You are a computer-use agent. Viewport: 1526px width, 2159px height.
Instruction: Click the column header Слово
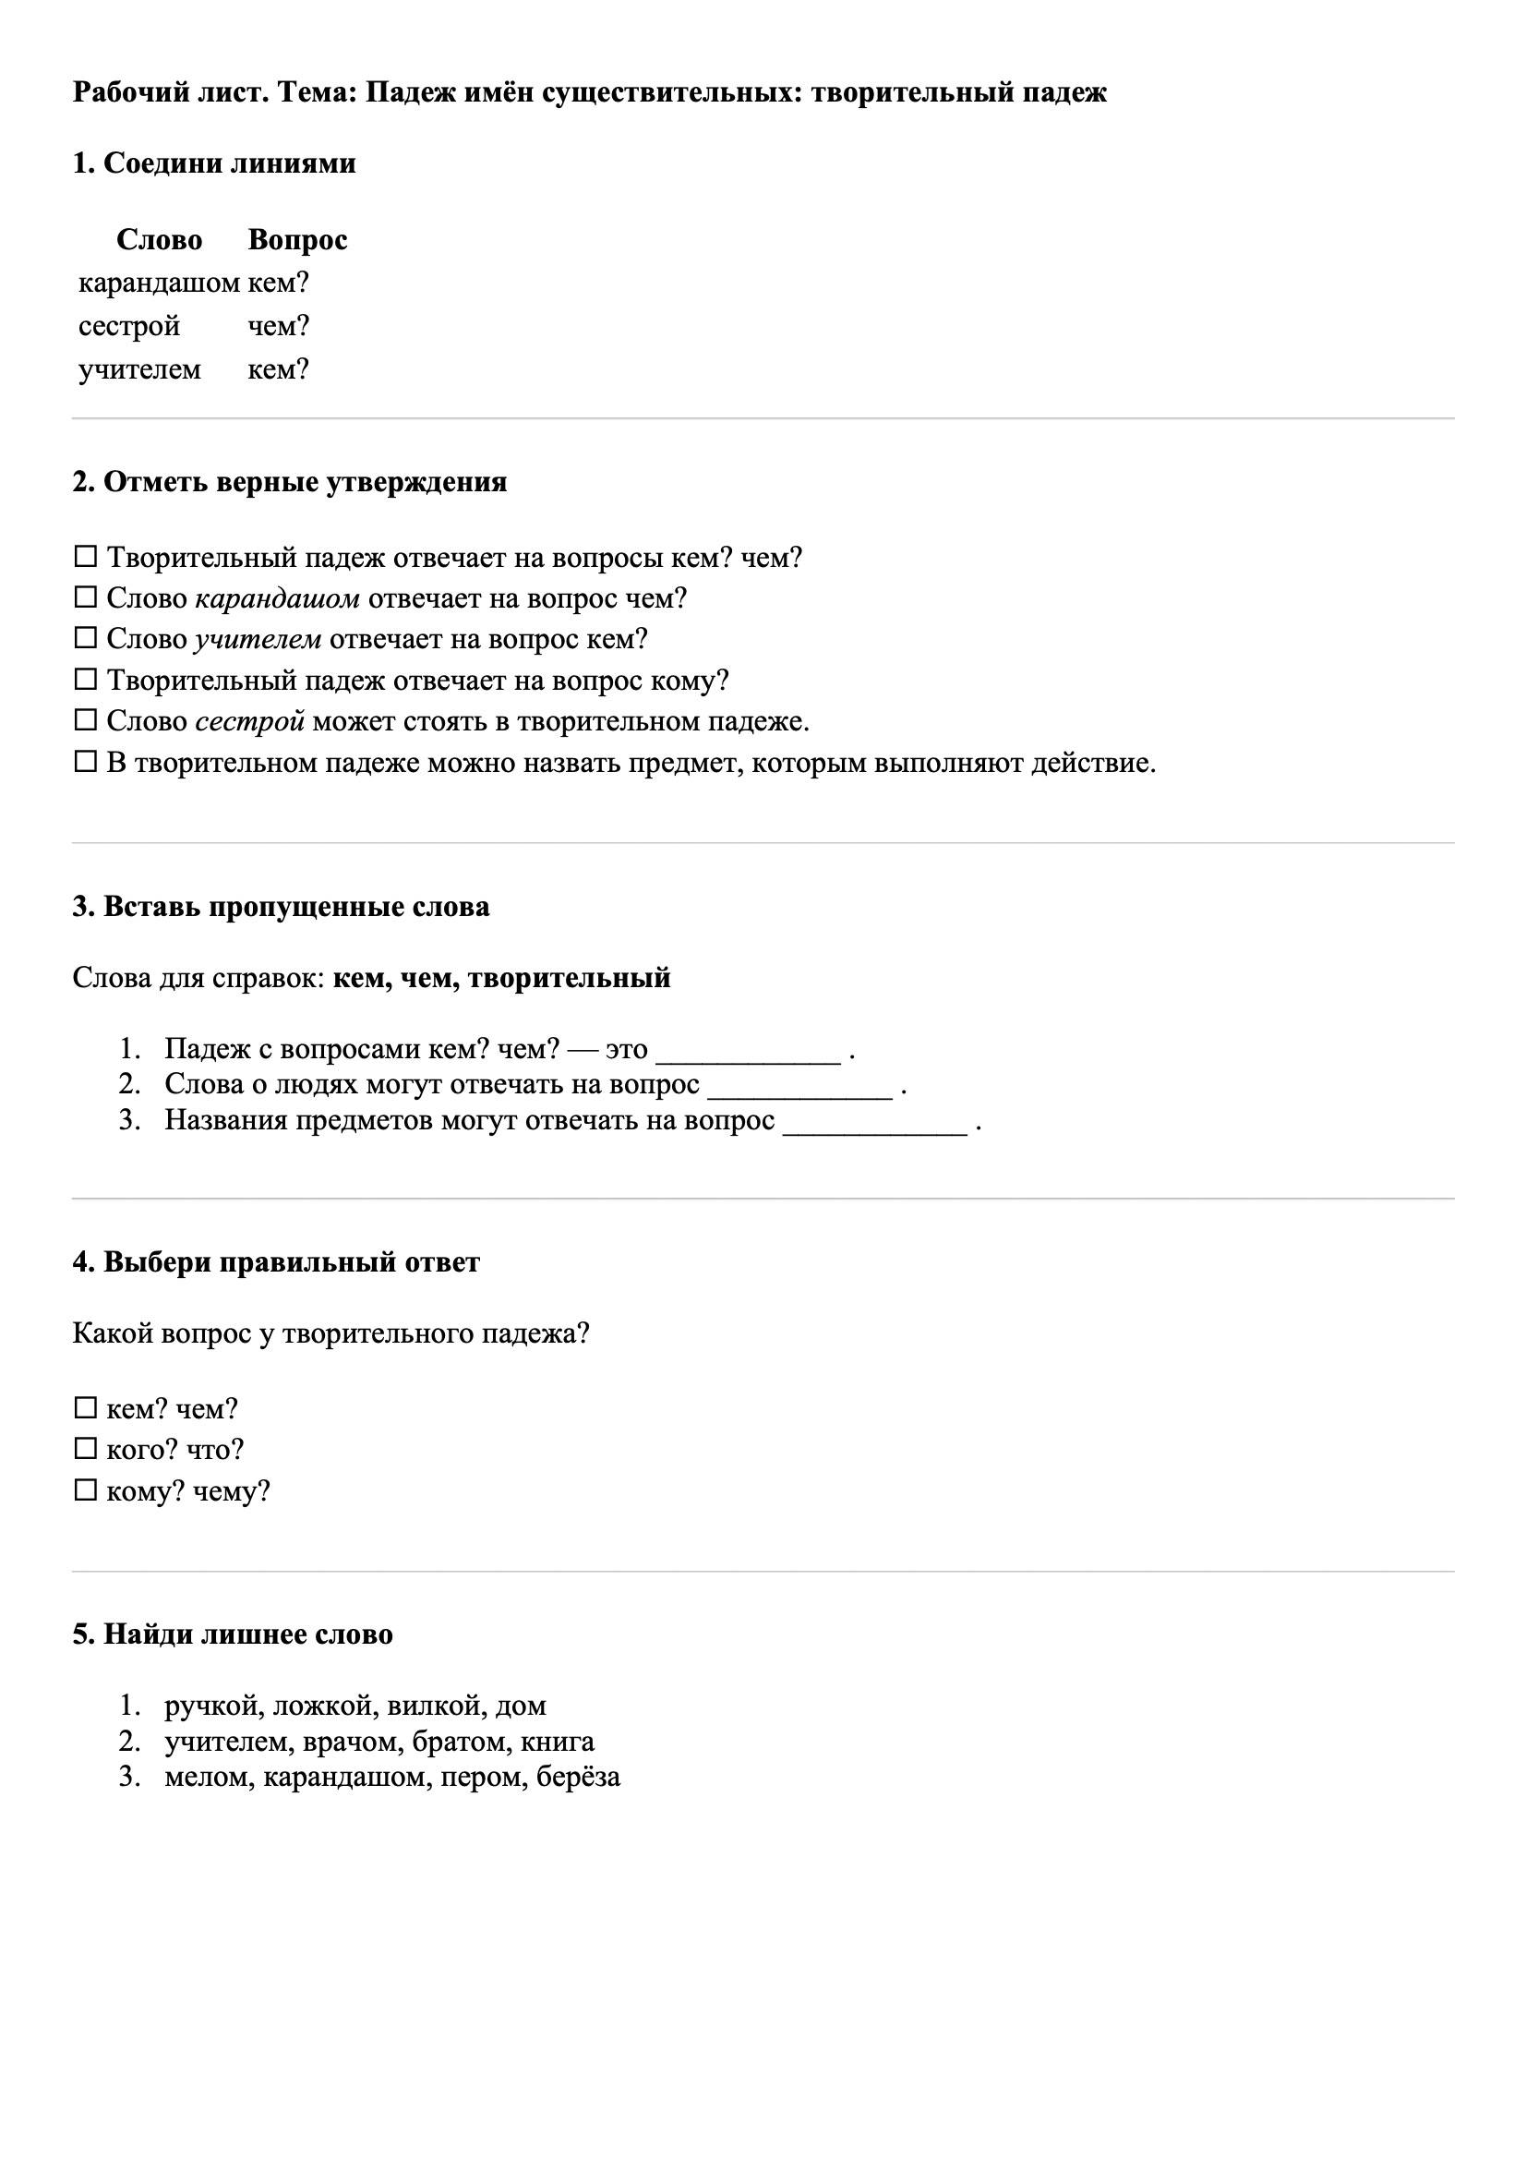pyautogui.click(x=159, y=240)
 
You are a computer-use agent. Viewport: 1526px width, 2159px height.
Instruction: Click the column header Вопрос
pyautogui.click(x=297, y=240)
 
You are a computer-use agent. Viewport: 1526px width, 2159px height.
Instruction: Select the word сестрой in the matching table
pyautogui.click(x=129, y=325)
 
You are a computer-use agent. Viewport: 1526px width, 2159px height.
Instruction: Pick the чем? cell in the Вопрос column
pyautogui.click(x=278, y=325)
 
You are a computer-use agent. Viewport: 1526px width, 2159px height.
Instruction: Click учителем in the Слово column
pyautogui.click(x=139, y=368)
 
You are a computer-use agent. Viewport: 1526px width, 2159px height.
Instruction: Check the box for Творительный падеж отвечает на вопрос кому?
pyautogui.click(x=86, y=679)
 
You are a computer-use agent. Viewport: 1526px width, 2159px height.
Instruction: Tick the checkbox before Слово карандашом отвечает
pyautogui.click(x=86, y=597)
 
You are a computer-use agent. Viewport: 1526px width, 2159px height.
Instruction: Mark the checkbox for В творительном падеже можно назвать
pyautogui.click(x=86, y=762)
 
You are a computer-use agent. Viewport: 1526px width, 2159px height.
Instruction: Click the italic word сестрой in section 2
pyautogui.click(x=249, y=721)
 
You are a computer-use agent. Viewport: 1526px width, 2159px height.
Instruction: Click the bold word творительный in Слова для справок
pyautogui.click(x=569, y=978)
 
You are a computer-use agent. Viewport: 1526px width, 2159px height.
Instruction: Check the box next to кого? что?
pyautogui.click(x=86, y=1449)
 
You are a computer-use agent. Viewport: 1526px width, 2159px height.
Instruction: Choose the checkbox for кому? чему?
pyautogui.click(x=86, y=1490)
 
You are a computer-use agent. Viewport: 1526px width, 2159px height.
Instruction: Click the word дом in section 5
pyautogui.click(x=521, y=1705)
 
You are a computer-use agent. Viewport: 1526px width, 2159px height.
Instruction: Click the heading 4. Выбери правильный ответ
pyautogui.click(x=275, y=1262)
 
